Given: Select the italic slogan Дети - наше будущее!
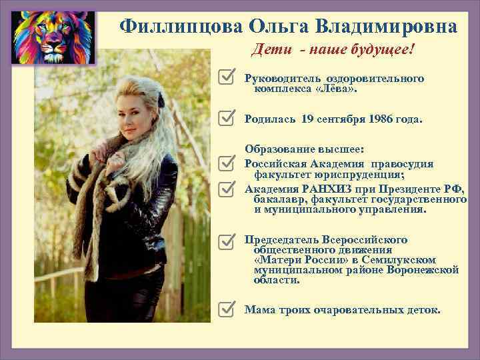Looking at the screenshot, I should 333,50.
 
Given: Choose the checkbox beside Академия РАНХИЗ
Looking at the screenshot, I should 227,189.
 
